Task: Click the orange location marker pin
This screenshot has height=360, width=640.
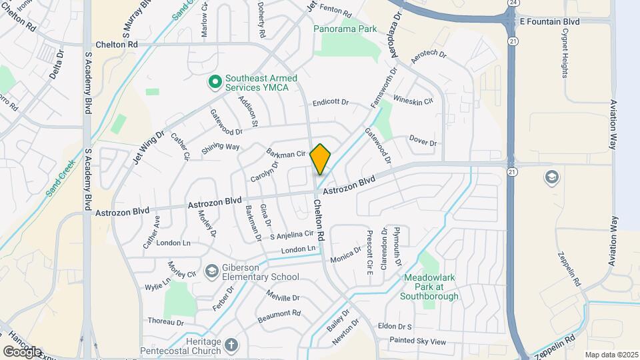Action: [x=320, y=159]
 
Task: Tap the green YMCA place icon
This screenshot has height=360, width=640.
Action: [x=215, y=82]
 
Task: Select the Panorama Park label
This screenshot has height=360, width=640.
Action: [x=349, y=29]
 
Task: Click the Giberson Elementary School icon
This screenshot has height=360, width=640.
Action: [x=212, y=271]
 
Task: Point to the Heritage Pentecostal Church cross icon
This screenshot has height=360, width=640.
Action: [x=231, y=345]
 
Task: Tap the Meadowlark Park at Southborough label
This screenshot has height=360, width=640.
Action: [x=431, y=291]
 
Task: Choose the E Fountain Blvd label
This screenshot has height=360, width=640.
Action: [x=549, y=21]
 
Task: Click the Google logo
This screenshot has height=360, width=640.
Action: [x=23, y=352]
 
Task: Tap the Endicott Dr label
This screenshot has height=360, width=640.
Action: [x=331, y=103]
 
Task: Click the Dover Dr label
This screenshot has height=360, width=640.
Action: [x=423, y=143]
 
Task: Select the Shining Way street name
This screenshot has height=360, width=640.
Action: [x=220, y=147]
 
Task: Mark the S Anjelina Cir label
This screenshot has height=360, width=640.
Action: [x=291, y=235]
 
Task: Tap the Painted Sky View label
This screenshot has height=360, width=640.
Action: [x=419, y=341]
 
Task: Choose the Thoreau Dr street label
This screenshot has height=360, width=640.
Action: [x=165, y=321]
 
